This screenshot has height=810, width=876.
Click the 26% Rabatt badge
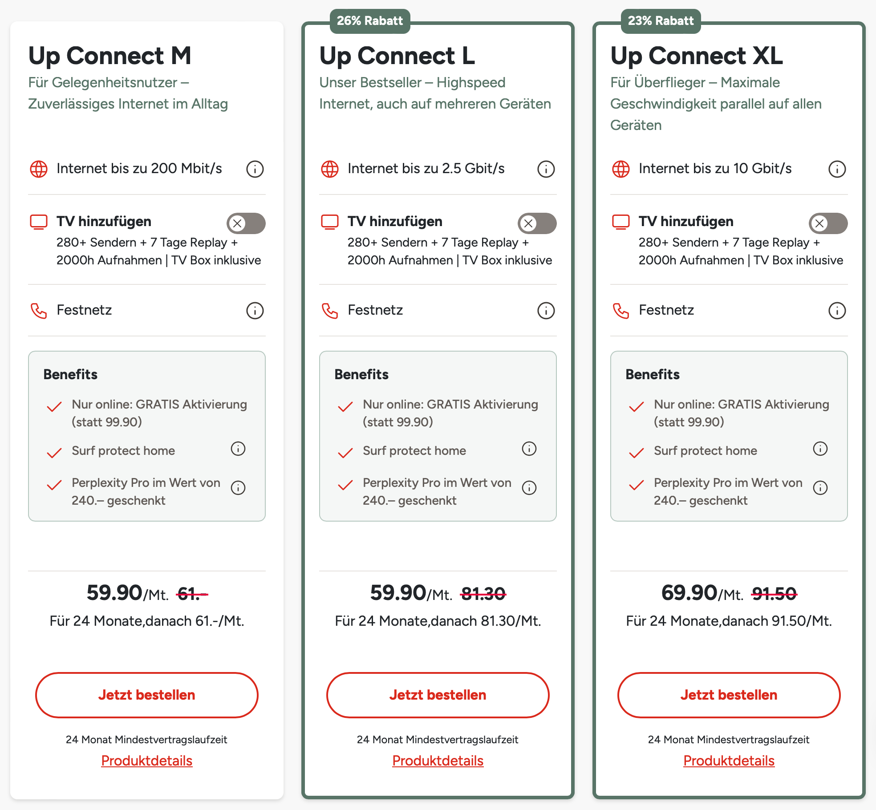pos(369,21)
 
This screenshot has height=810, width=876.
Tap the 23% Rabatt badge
pos(661,21)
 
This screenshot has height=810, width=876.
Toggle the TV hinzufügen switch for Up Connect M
pos(246,223)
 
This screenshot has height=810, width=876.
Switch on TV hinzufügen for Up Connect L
pos(537,223)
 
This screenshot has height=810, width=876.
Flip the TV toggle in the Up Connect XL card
pos(828,223)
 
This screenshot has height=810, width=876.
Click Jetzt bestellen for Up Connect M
pos(147,695)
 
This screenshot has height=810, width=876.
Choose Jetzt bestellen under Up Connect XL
pos(729,695)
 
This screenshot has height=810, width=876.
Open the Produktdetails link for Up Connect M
pos(147,761)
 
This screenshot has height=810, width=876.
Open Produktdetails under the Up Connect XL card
pos(729,761)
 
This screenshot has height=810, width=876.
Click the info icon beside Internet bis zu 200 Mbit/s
pos(255,169)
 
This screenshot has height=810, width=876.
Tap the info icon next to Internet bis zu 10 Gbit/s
pos(837,169)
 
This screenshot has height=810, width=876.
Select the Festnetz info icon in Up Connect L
pos(546,311)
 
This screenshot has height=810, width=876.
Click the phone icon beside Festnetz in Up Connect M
pos(39,311)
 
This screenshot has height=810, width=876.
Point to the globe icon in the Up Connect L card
pos(330,169)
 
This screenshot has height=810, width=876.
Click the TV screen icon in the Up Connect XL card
pos(621,222)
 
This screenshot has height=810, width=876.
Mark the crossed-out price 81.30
pos(483,594)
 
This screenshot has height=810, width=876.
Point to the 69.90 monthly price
pos(689,593)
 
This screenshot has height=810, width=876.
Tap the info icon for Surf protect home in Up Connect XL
pos(820,449)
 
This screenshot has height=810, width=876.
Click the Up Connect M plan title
pos(110,56)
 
